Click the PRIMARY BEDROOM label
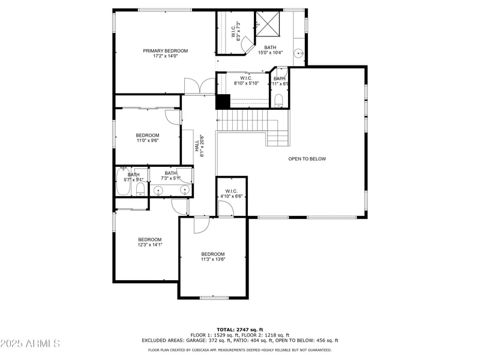click(165, 51)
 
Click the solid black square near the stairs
click(223, 102)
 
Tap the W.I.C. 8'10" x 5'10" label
click(246, 80)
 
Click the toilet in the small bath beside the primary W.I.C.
click(279, 99)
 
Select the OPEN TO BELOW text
click(307, 159)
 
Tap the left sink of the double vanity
click(158, 191)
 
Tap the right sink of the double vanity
click(185, 191)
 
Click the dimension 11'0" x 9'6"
click(148, 141)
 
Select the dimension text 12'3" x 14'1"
click(150, 245)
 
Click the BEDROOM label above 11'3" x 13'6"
click(212, 254)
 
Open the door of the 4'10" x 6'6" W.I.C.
click(225, 209)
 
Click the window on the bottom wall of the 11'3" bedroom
click(214, 298)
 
